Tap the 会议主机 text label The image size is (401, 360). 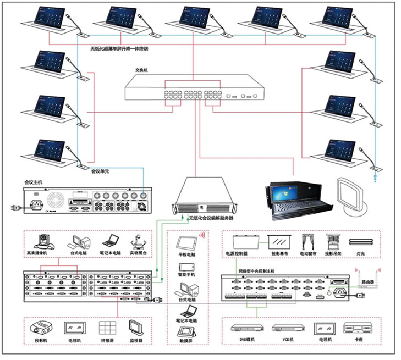click(x=34, y=181)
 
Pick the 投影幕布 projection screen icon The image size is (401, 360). click(x=277, y=241)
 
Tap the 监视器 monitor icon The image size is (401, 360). click(x=136, y=328)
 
